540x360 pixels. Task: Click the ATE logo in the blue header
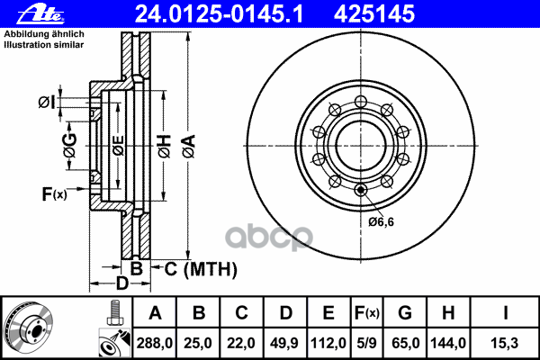(x=41, y=14)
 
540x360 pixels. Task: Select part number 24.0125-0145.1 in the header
(x=219, y=14)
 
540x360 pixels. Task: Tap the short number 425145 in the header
(x=374, y=14)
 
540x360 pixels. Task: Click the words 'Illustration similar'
(x=44, y=45)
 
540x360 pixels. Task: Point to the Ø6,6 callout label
(x=381, y=221)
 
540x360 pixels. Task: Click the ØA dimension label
(x=189, y=147)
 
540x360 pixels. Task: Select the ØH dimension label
(x=165, y=147)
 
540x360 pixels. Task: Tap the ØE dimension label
(x=118, y=146)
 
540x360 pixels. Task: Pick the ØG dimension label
(x=70, y=146)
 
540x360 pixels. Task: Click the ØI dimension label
(x=47, y=103)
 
